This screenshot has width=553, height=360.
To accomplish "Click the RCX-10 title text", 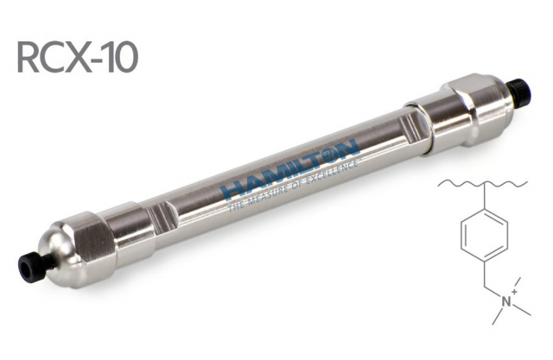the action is pos(78,58).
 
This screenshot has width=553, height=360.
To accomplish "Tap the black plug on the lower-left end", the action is pos(35,267).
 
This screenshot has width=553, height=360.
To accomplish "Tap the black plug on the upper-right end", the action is pos(519,91).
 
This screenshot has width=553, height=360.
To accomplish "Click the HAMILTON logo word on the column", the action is pos(290,168).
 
